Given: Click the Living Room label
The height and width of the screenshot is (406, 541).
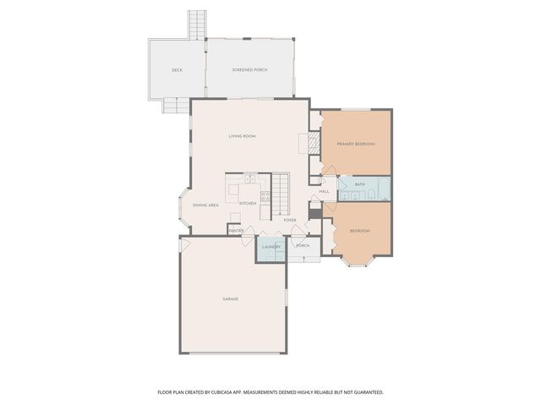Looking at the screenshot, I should [x=242, y=136].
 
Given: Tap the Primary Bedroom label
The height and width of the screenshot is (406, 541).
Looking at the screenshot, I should [x=355, y=145].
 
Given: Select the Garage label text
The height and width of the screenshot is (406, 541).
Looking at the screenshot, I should [x=230, y=299].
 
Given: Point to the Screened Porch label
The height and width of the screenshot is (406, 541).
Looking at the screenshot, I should [x=249, y=69].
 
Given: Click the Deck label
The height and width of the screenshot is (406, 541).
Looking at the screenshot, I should [x=177, y=69].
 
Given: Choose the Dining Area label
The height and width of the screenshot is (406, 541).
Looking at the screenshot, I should [x=205, y=205].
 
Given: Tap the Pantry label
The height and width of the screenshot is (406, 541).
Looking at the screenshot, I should [x=236, y=229].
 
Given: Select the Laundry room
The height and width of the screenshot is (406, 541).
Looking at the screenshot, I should [x=270, y=247].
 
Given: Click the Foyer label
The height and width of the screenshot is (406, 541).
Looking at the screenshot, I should [x=289, y=220].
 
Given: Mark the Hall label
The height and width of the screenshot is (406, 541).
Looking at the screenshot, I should [x=324, y=191].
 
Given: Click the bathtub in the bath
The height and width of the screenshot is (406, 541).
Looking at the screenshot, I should [x=381, y=187].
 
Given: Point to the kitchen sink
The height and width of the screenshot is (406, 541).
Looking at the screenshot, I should [x=250, y=179].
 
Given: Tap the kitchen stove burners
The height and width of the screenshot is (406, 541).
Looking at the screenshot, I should [x=265, y=198].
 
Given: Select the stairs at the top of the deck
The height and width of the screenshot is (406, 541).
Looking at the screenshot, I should [x=197, y=25].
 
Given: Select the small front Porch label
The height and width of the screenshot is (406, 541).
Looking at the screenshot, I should [x=303, y=246].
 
